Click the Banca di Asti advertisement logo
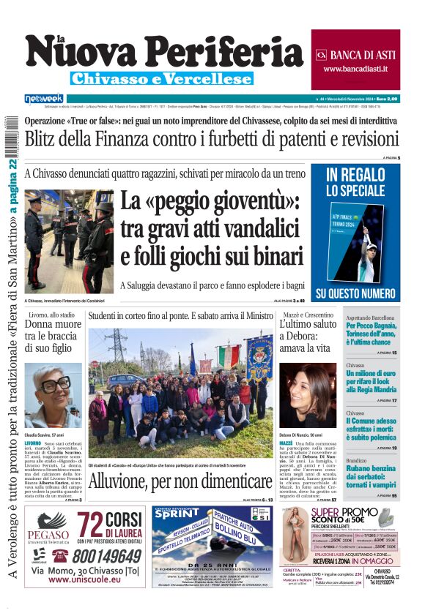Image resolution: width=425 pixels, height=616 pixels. (x=320, y=55)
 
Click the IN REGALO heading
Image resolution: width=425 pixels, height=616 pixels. (x=355, y=175)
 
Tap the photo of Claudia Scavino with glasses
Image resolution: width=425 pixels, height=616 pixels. (x=53, y=395)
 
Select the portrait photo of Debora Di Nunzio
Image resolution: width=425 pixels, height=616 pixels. (x=307, y=395)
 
